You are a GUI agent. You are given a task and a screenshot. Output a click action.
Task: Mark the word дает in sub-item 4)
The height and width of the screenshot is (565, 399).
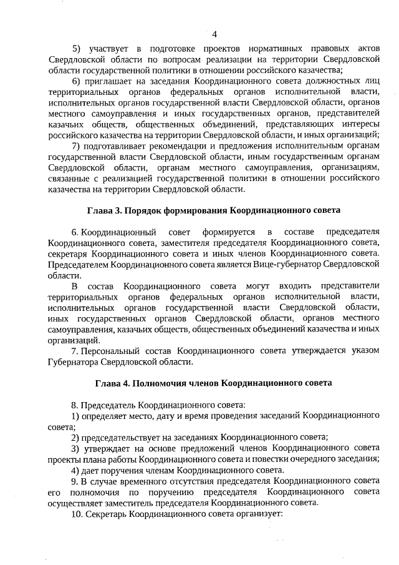point(90,470)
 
